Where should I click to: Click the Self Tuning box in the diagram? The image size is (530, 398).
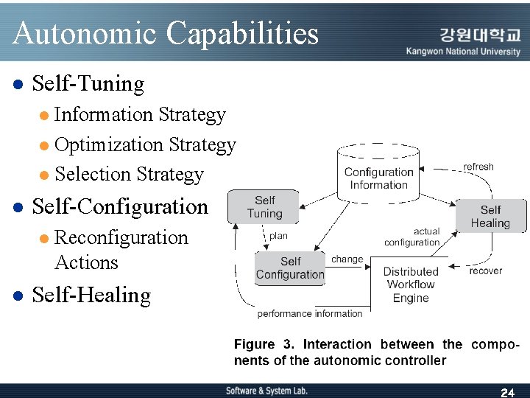264,207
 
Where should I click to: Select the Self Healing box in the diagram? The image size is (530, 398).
490,216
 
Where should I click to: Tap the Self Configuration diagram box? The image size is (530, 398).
290,268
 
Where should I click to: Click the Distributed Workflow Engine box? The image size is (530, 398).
410,284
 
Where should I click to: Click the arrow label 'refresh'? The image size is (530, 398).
478,167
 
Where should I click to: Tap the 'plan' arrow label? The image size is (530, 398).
278,236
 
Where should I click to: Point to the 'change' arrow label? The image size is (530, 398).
347,259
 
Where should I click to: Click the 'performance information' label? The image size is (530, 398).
310,314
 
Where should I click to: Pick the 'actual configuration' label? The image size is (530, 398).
412,237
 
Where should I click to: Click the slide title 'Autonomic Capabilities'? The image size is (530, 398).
166,33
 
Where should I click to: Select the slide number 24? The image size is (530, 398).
507,392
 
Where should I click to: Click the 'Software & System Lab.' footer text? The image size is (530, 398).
266,391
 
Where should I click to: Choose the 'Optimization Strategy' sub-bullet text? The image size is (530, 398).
145,144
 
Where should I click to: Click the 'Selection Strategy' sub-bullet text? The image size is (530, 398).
129,175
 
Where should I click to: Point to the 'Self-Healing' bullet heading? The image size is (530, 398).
91,296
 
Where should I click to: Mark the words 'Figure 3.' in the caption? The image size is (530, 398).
266,344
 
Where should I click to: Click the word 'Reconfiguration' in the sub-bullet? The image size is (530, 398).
121,237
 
